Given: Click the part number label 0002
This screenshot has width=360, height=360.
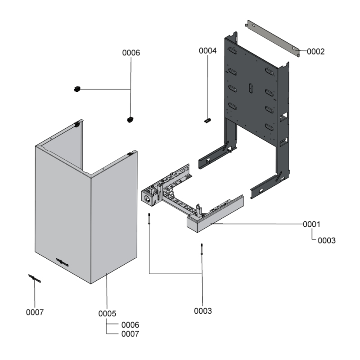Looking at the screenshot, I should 315,51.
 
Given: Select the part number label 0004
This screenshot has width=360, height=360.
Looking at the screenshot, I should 208,51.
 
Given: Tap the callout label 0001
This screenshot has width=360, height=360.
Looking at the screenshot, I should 311,224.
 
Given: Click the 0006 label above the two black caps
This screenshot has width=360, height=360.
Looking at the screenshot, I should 131,53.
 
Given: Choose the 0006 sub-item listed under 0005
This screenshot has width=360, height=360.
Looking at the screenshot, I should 130,324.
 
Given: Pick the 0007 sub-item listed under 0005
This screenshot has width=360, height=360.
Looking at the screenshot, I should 130,334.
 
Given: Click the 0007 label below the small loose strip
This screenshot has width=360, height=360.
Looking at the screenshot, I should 35,312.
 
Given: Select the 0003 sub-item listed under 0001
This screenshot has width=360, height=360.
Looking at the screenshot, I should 327,241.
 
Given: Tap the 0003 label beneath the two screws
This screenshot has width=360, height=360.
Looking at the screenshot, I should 202,310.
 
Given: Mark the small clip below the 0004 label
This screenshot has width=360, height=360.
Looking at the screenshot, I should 208,120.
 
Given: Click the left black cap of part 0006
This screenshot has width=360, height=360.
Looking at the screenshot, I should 77,89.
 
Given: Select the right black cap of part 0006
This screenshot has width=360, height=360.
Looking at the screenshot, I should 130,119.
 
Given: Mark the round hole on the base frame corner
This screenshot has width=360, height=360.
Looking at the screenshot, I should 147,196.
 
